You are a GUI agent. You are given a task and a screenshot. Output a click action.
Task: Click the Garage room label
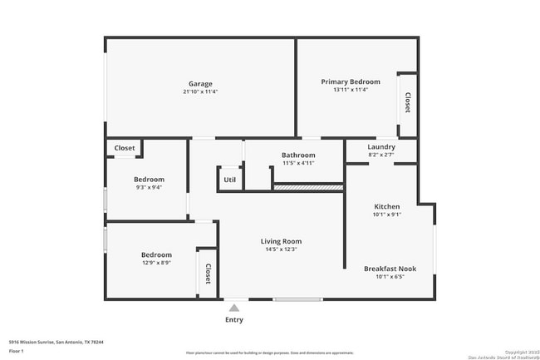click(x=200, y=83)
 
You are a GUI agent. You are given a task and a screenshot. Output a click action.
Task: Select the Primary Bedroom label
click(x=351, y=81)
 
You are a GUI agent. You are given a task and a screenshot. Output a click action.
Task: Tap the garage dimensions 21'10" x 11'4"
click(x=200, y=91)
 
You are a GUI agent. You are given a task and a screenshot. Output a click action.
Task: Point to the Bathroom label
click(x=298, y=155)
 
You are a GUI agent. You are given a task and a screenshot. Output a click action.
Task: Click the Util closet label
click(x=230, y=179)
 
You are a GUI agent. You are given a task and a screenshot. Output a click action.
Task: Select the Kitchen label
click(x=387, y=206)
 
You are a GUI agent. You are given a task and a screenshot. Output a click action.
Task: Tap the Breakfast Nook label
click(x=390, y=269)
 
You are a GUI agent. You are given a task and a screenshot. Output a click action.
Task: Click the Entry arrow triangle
click(x=234, y=308)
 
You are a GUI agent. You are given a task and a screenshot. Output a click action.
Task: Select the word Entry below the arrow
click(x=234, y=320)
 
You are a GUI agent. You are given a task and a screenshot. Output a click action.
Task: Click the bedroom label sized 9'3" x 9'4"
click(x=149, y=180)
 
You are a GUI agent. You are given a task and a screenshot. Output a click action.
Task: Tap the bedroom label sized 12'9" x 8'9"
click(x=156, y=254)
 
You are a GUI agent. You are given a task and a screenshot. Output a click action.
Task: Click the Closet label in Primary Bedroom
click(x=407, y=102)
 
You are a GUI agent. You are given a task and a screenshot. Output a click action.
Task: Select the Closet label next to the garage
click(x=125, y=148)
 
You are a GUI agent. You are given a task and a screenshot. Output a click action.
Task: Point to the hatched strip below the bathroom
click(x=308, y=189)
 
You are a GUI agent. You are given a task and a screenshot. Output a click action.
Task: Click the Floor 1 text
click(x=16, y=352)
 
